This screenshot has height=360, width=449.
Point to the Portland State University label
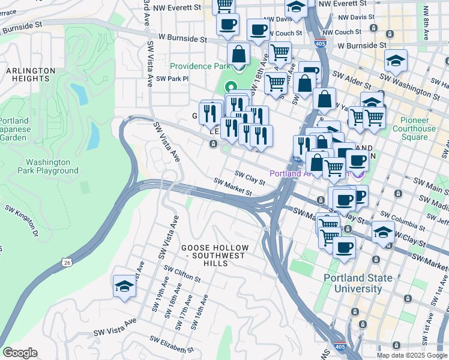click(358, 283)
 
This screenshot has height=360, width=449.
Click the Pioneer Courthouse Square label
click(414, 133)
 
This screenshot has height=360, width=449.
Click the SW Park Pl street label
click(172, 79)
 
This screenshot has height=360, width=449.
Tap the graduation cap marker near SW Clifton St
click(124, 286)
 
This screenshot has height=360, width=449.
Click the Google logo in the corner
click(20, 353)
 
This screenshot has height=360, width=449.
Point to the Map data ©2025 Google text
click(412, 355)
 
